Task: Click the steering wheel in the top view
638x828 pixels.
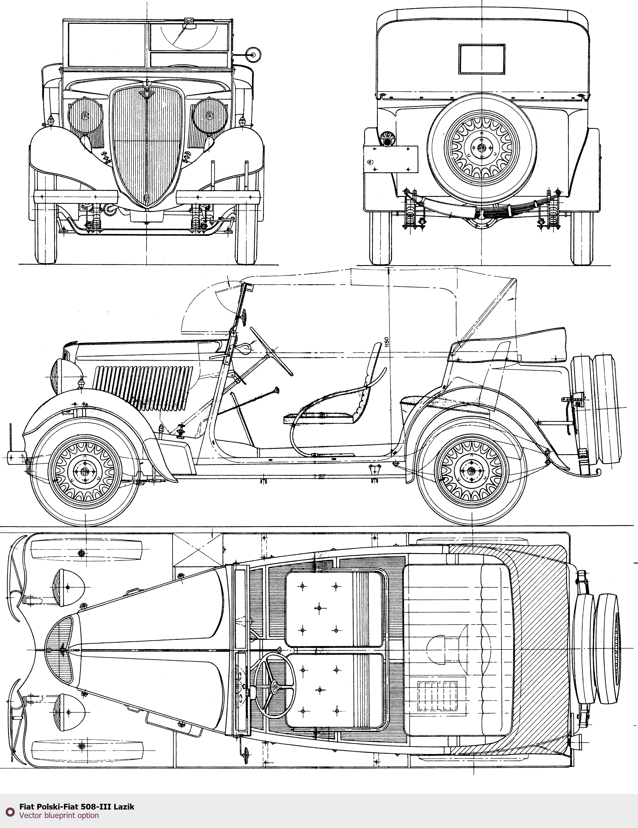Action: click(274, 686)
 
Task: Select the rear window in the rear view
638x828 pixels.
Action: click(482, 59)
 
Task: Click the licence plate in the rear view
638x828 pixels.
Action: click(391, 159)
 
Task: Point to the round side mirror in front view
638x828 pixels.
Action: click(253, 54)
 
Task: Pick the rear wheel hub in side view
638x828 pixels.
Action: click(471, 471)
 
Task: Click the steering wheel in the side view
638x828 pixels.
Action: click(271, 351)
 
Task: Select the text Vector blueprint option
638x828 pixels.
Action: click(59, 815)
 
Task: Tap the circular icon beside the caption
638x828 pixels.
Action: click(10, 811)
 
